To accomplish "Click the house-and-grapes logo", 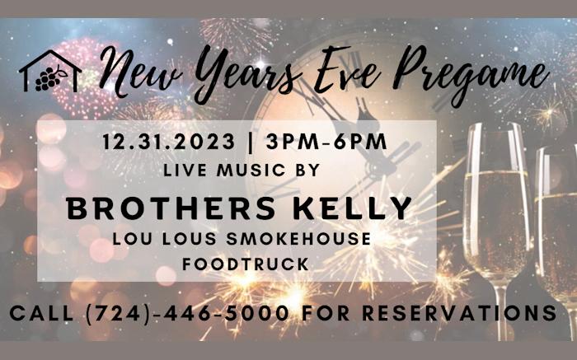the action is [x=50, y=72].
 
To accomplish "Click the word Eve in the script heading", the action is [x=347, y=71].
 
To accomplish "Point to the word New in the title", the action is [x=141, y=71].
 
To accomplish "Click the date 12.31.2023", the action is [x=168, y=142].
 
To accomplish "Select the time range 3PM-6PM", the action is [x=326, y=142].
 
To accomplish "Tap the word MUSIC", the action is [x=251, y=170].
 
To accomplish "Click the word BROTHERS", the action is [x=171, y=208].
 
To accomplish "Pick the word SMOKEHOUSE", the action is [x=298, y=239].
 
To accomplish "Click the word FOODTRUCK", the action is [x=246, y=264].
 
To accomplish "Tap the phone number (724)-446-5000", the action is [x=187, y=313].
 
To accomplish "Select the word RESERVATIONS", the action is [x=460, y=313].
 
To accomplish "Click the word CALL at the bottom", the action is [x=41, y=313].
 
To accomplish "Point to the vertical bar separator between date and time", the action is [x=251, y=142].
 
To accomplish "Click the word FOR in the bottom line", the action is [x=326, y=313].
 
